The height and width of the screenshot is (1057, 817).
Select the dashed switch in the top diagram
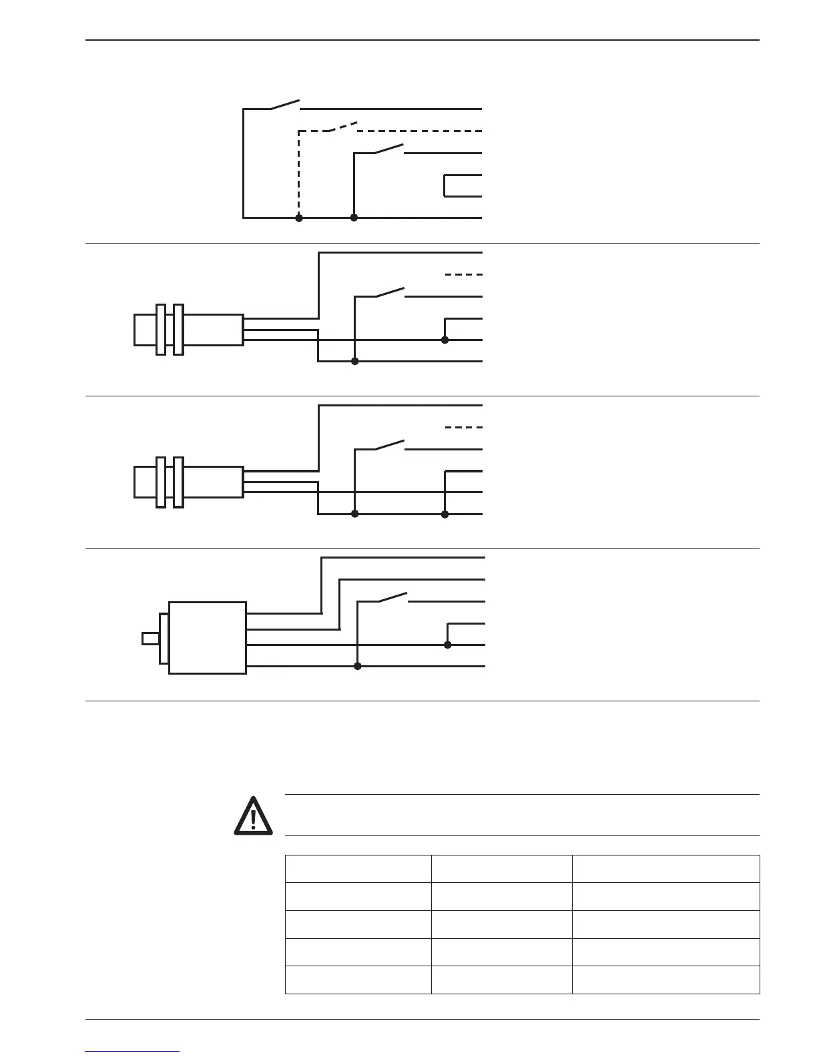pos(343,127)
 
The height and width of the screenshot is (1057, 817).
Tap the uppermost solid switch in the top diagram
pos(285,105)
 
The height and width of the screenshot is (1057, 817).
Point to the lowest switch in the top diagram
pos(390,149)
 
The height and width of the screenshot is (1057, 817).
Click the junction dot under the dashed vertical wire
pos(299,218)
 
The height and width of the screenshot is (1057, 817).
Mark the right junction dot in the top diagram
pos(354,218)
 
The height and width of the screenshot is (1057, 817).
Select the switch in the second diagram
pos(391,292)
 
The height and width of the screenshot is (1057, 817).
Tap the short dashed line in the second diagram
pos(463,274)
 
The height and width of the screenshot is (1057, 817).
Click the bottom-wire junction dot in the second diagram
pos(355,361)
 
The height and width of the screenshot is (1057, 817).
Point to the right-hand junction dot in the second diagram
pos(445,340)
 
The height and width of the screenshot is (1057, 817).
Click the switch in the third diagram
pos(390,445)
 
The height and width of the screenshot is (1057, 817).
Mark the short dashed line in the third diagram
pos(463,427)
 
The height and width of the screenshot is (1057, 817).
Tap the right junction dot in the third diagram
pos(445,514)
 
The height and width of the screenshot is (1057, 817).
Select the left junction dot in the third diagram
pos(355,514)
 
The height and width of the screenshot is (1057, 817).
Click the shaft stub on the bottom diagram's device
pos(150,639)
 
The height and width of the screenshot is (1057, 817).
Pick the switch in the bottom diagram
pos(393,597)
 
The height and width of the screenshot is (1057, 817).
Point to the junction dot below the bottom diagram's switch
pos(358,666)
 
